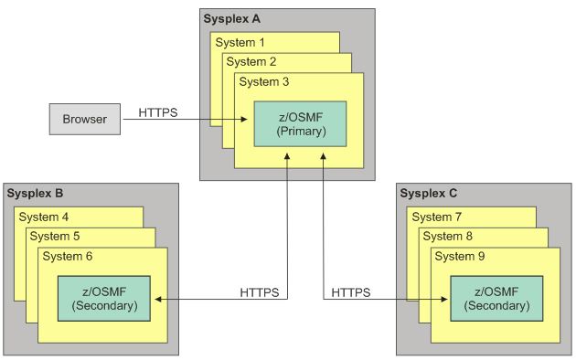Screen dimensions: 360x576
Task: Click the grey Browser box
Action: [84, 119]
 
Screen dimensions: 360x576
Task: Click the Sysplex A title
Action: [237, 19]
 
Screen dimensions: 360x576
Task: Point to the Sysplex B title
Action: [37, 194]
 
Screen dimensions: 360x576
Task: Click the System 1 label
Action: [240, 42]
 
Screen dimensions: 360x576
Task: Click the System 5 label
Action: [57, 236]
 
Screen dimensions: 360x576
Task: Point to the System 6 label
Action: [69, 256]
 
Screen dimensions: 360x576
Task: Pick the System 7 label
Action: [439, 217]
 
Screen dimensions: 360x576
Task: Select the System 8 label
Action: [452, 236]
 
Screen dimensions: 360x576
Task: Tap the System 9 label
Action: [464, 256]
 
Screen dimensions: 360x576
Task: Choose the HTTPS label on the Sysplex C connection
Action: [350, 292]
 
